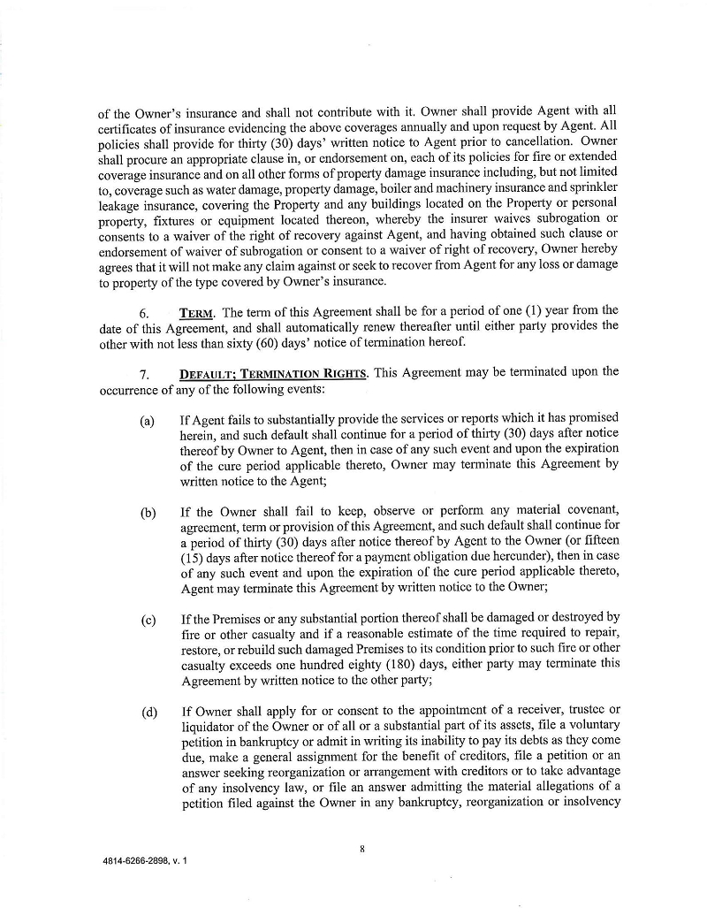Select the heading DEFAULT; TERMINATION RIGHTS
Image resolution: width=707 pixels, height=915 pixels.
[272, 373]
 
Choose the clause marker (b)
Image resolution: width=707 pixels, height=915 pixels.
[147, 512]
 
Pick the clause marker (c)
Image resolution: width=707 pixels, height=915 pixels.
[147, 618]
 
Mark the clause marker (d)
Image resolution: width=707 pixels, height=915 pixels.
[147, 712]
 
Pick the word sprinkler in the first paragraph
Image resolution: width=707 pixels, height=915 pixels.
[593, 186]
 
